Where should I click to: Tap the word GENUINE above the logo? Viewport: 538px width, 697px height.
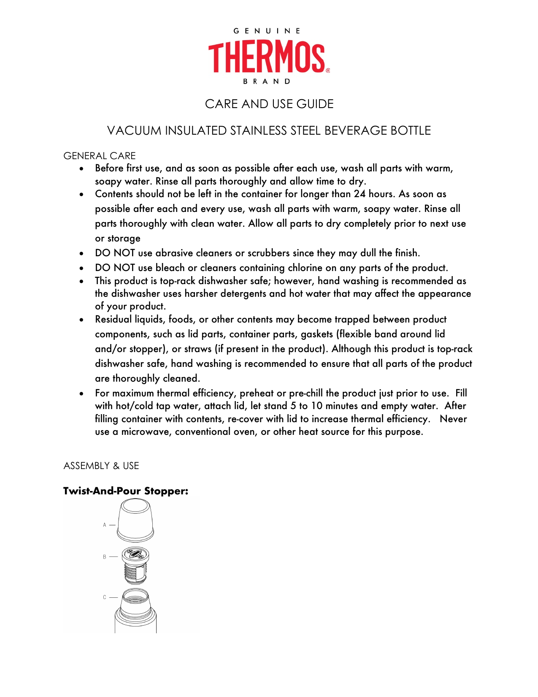pos(267,31)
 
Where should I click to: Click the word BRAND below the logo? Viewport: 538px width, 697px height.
pos(267,81)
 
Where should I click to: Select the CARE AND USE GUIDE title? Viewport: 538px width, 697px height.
pos(269,104)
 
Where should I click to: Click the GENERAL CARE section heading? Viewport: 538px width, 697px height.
pos(100,156)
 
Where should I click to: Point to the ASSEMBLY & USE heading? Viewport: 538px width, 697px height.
pos(101,466)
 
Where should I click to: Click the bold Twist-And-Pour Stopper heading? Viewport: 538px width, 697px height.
pos(126,491)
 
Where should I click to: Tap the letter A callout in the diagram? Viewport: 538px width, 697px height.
pos(105,525)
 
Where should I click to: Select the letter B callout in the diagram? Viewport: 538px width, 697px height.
pos(105,557)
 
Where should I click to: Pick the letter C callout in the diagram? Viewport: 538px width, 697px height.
pos(105,597)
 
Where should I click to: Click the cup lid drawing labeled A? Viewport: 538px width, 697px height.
pos(135,520)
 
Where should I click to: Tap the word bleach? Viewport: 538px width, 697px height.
pos(170,268)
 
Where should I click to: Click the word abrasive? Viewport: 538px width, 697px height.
pos(175,253)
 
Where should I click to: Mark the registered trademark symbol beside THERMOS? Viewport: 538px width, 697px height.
pos(328,71)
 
